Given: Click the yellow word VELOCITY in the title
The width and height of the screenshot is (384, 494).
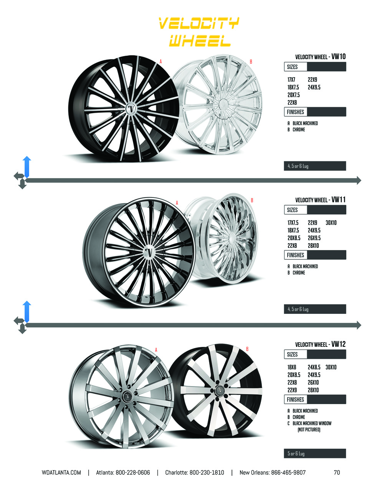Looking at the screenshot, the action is [x=199, y=23].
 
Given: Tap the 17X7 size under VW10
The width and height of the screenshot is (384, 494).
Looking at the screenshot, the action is [x=291, y=80].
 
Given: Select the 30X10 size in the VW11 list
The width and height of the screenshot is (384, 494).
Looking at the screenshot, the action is [x=331, y=222].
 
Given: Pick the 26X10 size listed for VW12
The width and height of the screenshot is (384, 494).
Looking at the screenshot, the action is [x=313, y=382].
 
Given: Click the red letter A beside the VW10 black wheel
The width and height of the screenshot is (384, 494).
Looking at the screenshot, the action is [x=161, y=61].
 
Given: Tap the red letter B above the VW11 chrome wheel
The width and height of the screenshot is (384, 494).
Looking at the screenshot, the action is [x=252, y=200].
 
